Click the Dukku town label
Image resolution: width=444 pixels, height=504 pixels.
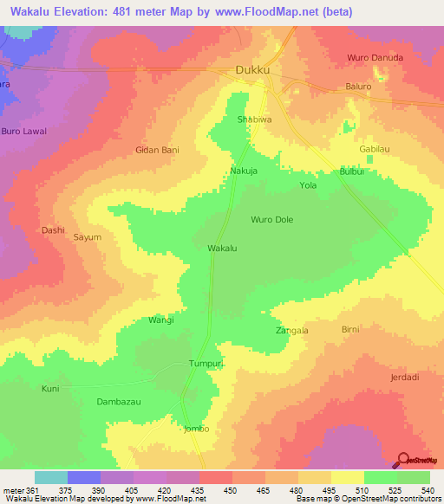[254, 70]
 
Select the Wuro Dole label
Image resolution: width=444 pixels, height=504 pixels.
[272, 220]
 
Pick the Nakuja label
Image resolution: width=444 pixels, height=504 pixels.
[244, 171]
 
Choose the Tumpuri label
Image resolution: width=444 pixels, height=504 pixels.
[207, 365]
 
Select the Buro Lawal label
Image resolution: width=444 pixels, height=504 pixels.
[23, 131]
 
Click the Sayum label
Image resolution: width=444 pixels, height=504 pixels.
[88, 236]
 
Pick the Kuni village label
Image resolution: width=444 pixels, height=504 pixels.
[50, 389]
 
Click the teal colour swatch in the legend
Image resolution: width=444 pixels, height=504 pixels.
[51, 477]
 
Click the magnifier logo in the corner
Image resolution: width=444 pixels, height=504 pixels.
[402, 460]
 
